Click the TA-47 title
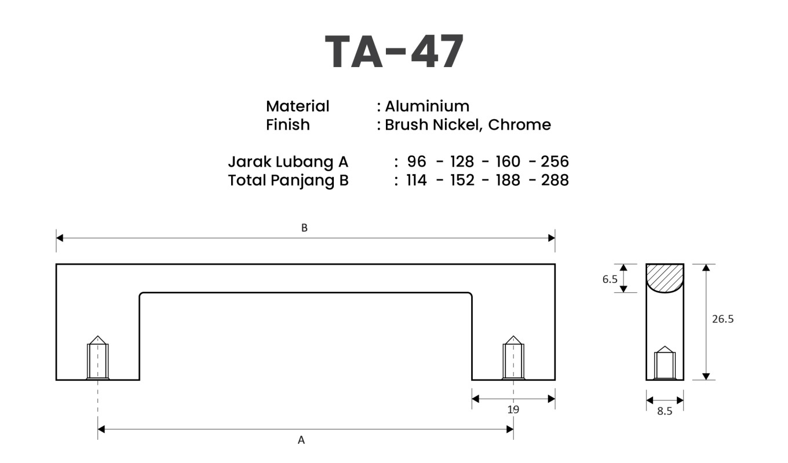point(394,52)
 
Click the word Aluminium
point(427,106)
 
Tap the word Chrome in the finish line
point(520,124)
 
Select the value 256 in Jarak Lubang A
point(554,161)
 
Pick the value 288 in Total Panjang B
point(554,180)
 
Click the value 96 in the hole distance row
point(417,161)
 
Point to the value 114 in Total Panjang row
point(417,180)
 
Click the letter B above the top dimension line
point(304,228)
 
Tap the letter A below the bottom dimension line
point(301,440)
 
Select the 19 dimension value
point(513,410)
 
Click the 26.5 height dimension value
point(723,319)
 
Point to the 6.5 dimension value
point(610,279)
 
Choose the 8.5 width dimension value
point(665,413)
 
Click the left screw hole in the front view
point(98,359)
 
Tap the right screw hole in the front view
point(513,359)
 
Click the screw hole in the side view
point(665,364)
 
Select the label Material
point(297,106)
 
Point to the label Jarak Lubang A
point(288,161)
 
